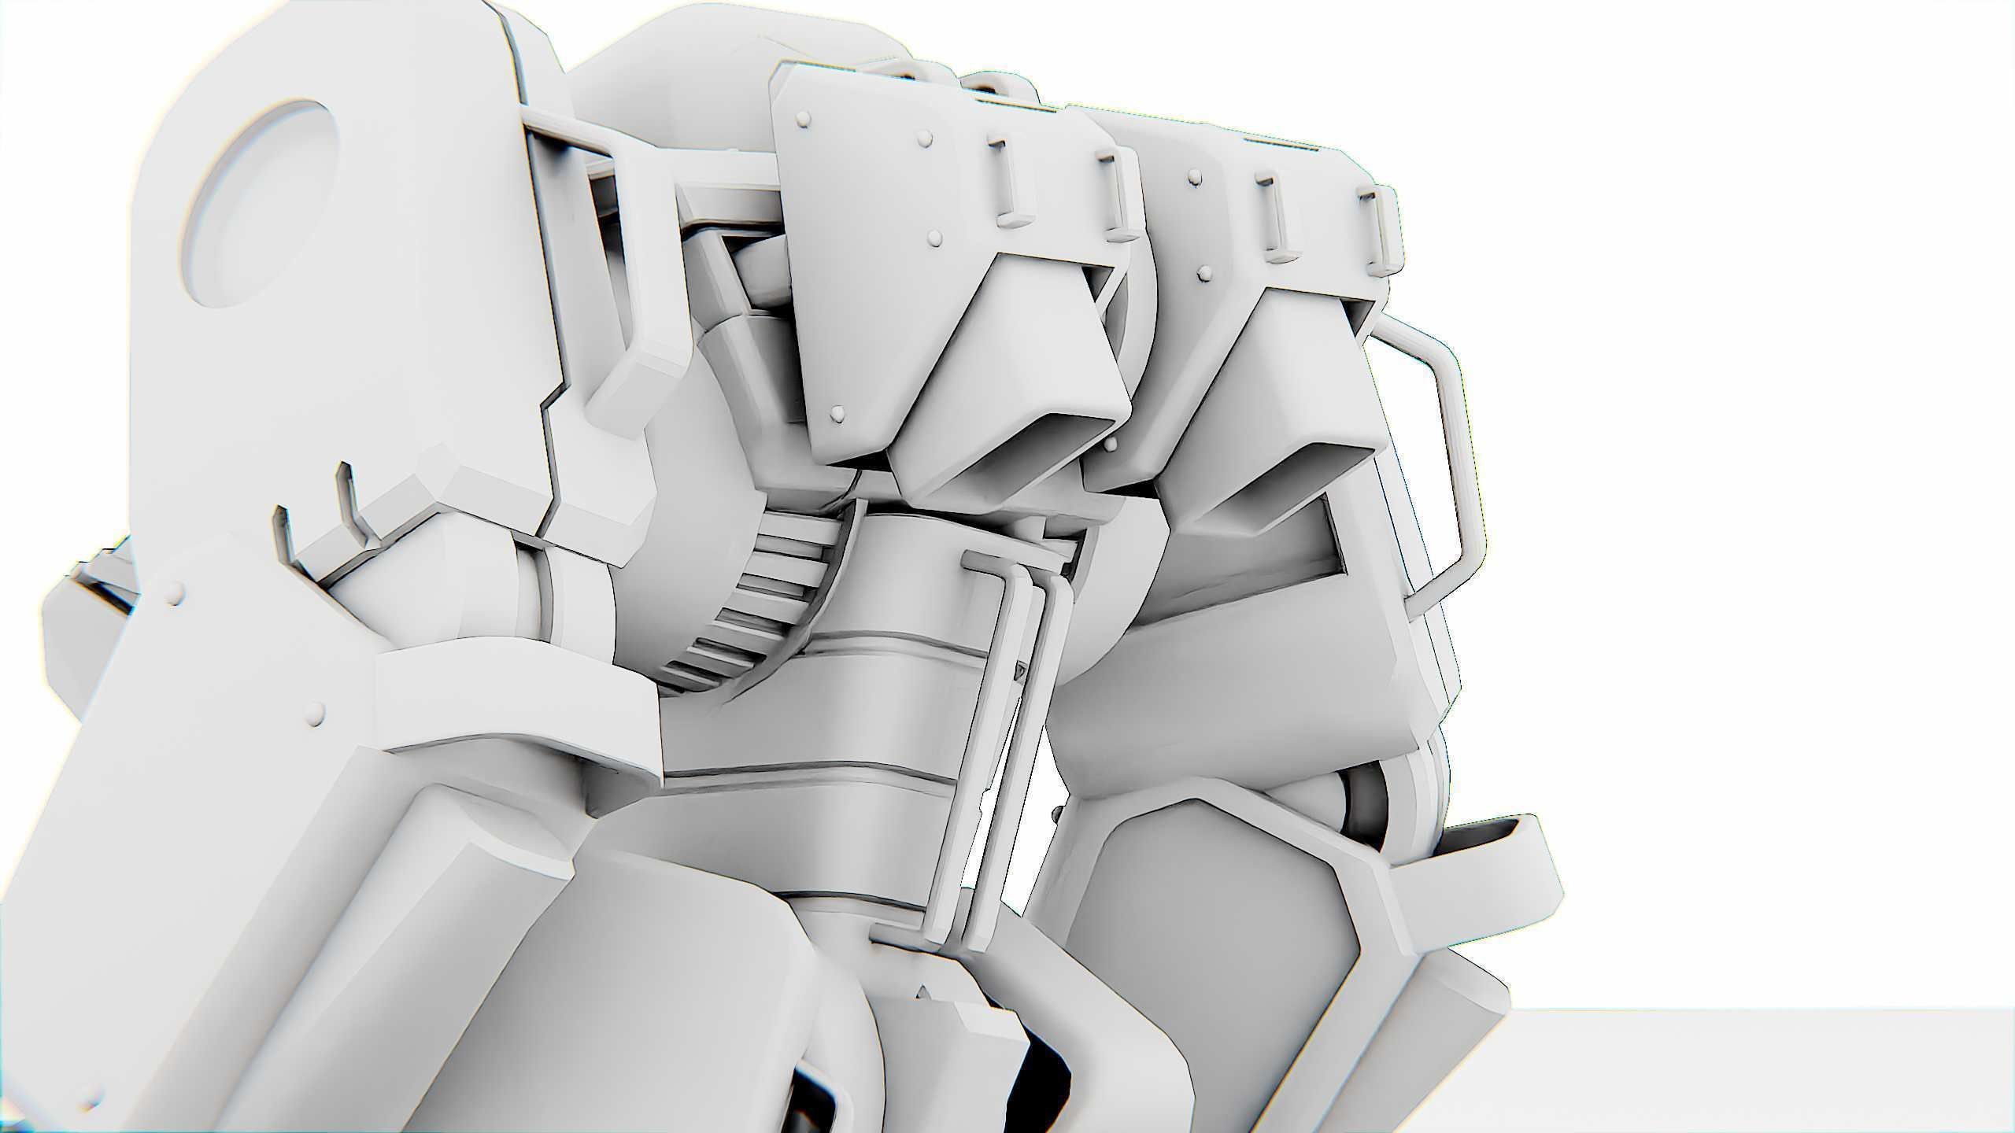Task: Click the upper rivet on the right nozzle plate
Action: pos(1196,177)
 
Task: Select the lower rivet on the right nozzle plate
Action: pos(1203,272)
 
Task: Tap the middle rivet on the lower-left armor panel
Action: pos(317,713)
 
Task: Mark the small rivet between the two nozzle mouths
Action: pos(1110,445)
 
